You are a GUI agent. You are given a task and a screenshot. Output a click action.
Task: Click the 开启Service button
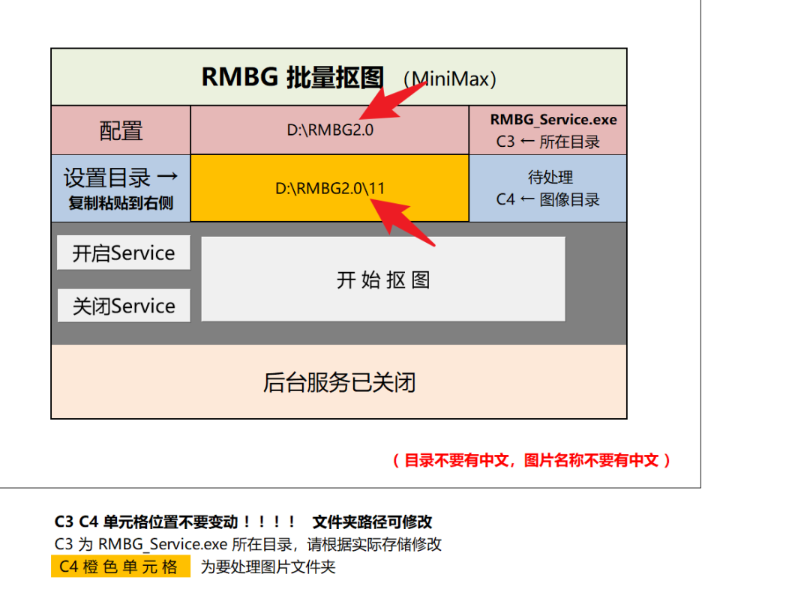pos(123,253)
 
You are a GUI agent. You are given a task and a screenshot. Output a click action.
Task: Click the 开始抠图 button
pos(382,280)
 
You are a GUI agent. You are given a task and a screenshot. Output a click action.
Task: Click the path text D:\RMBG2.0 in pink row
pos(330,129)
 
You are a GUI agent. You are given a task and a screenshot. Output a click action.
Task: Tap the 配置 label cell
pos(121,130)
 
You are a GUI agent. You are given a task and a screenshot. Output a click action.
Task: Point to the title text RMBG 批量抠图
pos(292,77)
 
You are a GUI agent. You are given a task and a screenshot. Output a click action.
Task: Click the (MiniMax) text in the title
pos(449,79)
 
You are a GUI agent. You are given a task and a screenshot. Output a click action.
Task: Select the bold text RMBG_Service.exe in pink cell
pos(553,119)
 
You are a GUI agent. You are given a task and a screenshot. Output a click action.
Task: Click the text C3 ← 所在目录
pos(547,141)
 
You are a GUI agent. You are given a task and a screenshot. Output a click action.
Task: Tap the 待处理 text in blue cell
pos(550,178)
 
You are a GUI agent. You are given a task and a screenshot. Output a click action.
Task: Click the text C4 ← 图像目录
pos(547,199)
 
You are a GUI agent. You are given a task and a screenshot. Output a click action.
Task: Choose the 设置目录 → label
pos(121,178)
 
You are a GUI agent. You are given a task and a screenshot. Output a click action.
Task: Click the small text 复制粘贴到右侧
pos(121,203)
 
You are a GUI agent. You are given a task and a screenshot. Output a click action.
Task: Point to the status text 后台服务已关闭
pos(339,382)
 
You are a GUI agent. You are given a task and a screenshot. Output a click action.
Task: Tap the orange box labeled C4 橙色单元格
pos(120,567)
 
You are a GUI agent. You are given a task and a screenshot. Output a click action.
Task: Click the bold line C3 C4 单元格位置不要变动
pos(175,522)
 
